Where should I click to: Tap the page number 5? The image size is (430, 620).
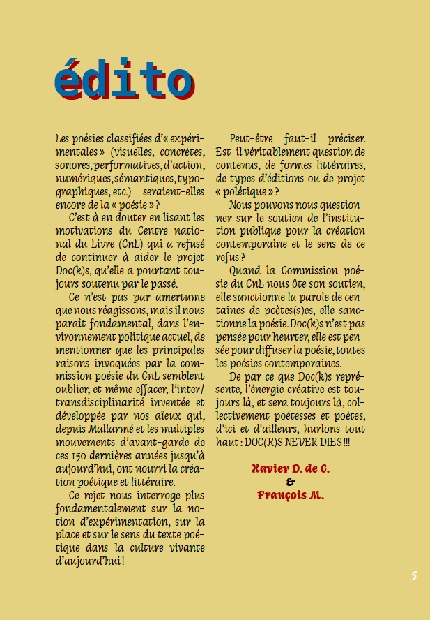coord(413,576)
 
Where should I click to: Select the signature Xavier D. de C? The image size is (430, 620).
coord(291,468)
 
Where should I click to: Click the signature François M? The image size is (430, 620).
coord(291,495)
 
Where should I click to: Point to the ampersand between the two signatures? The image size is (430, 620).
coord(291,482)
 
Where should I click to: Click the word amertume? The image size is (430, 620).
coord(181,296)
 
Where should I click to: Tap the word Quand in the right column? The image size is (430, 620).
coord(244,271)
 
